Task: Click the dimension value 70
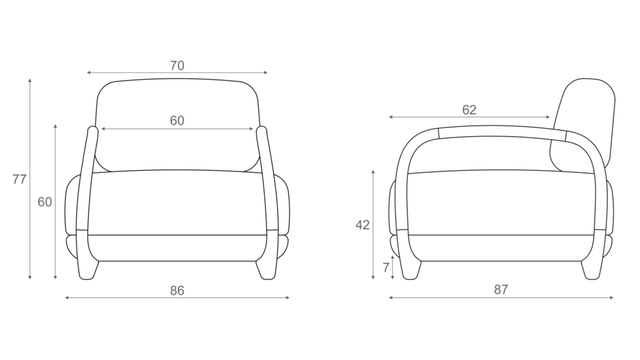click(x=177, y=65)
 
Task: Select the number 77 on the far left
click(x=19, y=179)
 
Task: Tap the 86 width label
click(x=177, y=291)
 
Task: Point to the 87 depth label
click(x=501, y=289)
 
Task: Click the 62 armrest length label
click(x=469, y=110)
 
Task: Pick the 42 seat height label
click(x=362, y=225)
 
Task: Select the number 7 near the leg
click(x=386, y=267)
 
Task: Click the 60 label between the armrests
click(x=177, y=121)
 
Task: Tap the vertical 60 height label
click(x=45, y=202)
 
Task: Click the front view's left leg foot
click(x=87, y=271)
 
